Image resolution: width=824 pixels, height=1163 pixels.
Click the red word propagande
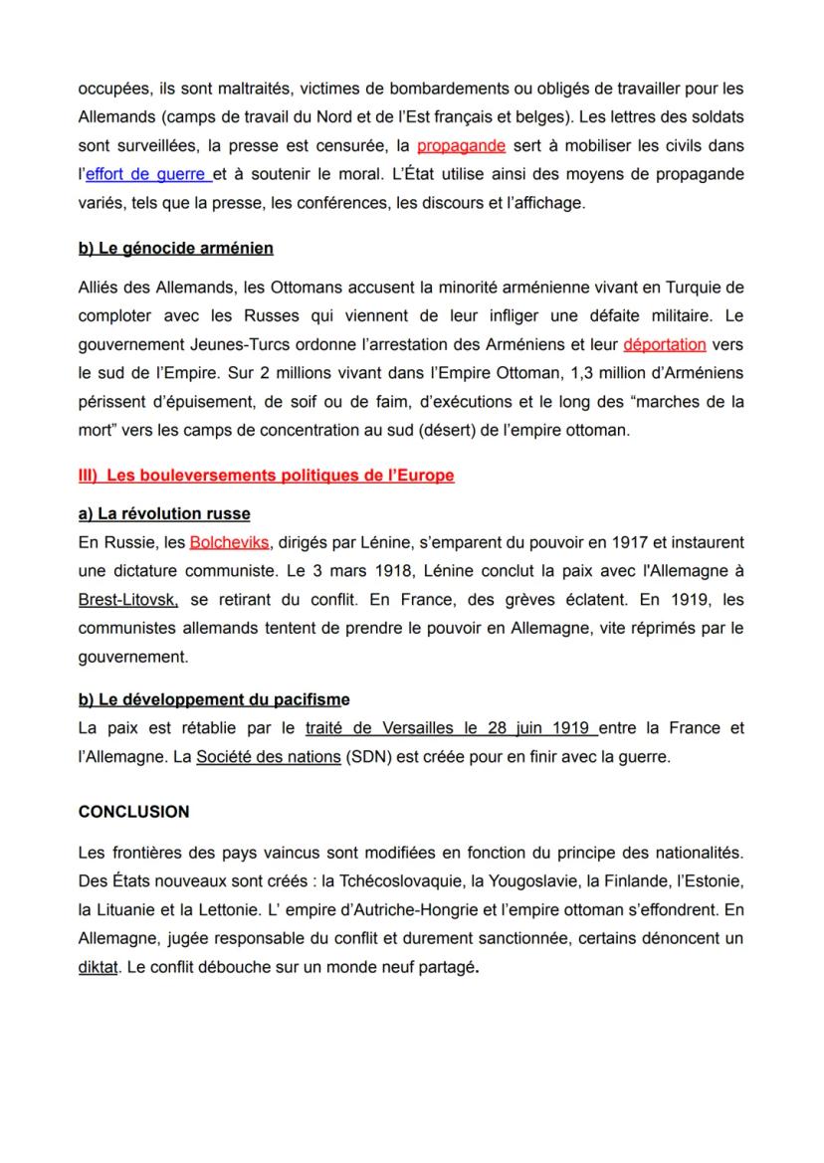coord(461,146)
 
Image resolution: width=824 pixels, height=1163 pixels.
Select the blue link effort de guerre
coord(147,174)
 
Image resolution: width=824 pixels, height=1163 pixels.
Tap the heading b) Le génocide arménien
coord(175,248)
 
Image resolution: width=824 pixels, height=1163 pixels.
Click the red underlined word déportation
coord(665,345)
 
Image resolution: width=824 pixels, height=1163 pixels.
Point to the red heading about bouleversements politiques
coord(266,476)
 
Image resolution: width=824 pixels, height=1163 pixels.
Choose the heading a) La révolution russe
coord(164,514)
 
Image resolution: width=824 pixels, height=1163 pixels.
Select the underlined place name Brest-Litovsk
coord(127,601)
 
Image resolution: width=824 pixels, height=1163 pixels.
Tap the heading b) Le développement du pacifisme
coord(214,699)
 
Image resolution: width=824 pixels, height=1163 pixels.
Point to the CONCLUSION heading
coord(133,812)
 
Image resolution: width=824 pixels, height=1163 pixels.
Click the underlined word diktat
coord(97,967)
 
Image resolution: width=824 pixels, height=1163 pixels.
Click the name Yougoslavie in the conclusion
coord(520,881)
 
